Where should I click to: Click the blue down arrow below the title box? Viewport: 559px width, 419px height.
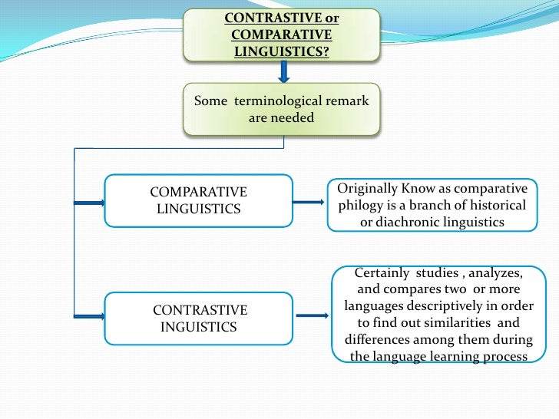point(283,72)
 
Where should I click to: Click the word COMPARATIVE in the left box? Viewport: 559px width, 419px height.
point(198,192)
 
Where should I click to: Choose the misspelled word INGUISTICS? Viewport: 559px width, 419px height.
point(198,328)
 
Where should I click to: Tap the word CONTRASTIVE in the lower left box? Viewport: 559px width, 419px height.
point(200,311)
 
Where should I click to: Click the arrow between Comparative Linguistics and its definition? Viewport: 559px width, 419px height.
point(310,202)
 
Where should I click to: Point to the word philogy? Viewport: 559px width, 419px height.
point(360,206)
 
